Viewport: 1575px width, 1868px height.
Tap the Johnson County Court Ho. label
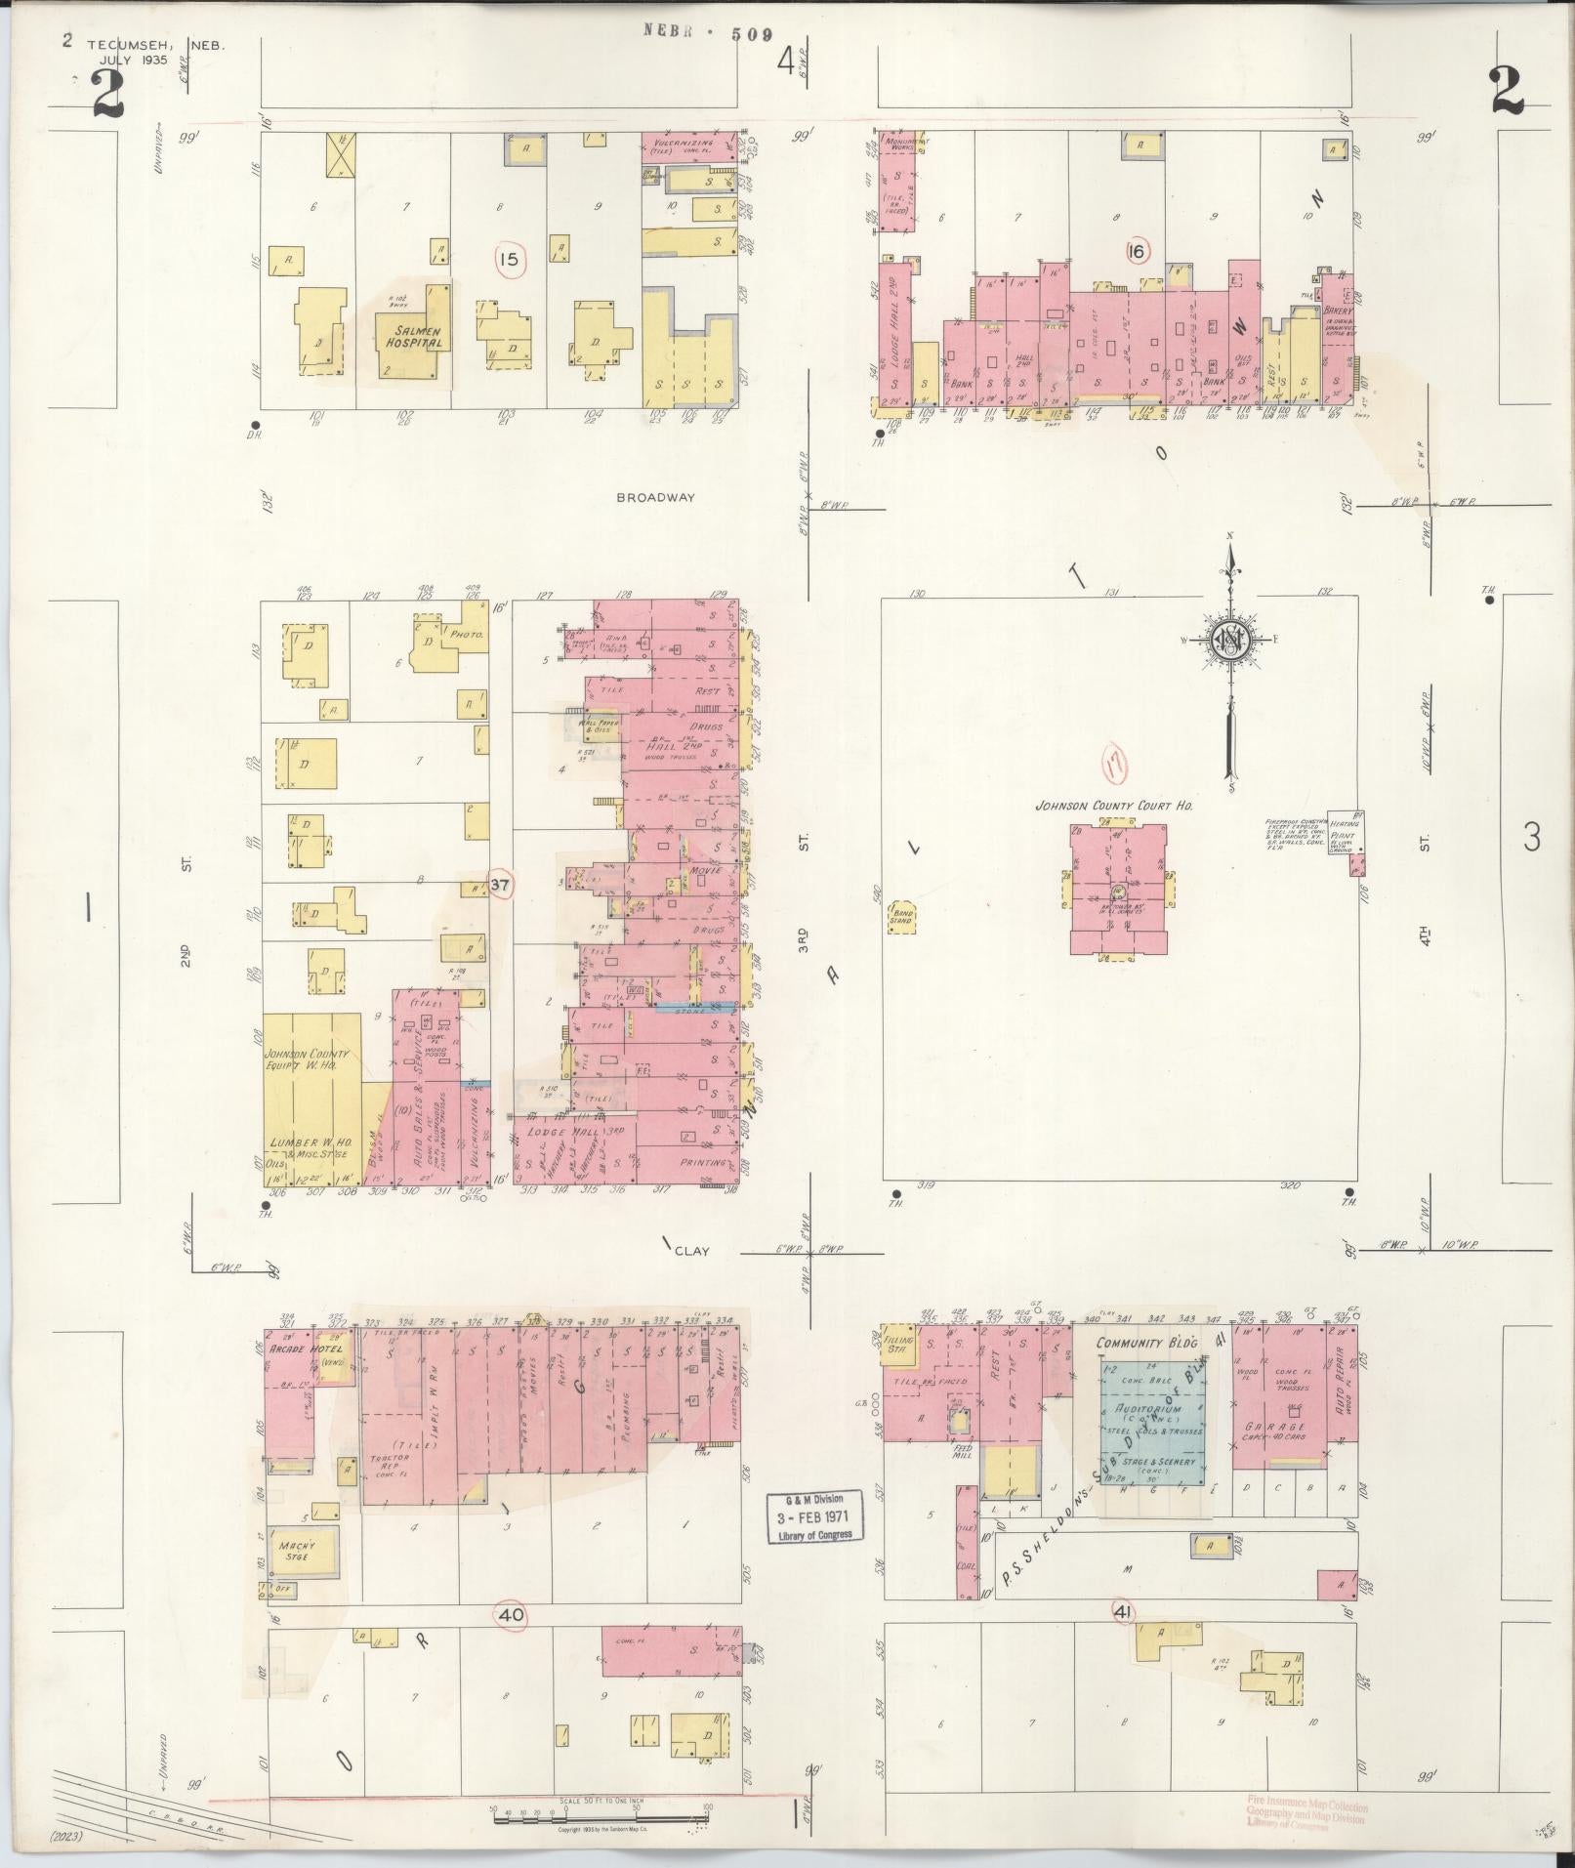click(x=1116, y=807)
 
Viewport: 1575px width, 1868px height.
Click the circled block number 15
click(x=508, y=260)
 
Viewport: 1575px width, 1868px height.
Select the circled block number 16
click(x=1135, y=252)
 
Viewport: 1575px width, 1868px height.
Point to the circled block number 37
click(x=500, y=885)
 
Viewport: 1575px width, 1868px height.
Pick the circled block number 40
click(x=511, y=1616)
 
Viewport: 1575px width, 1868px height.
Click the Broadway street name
click(x=655, y=497)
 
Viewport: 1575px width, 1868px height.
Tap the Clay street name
click(x=690, y=1251)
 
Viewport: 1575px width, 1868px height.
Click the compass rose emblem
click(x=1229, y=640)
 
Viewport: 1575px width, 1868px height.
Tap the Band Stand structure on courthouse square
click(x=899, y=918)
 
